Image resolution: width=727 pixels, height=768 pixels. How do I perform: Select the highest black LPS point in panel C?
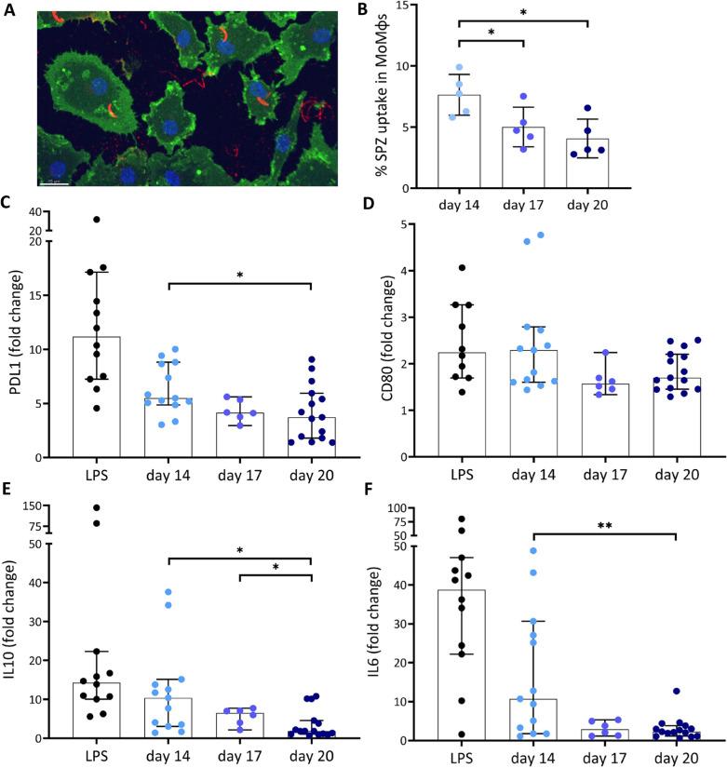pyautogui.click(x=97, y=220)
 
